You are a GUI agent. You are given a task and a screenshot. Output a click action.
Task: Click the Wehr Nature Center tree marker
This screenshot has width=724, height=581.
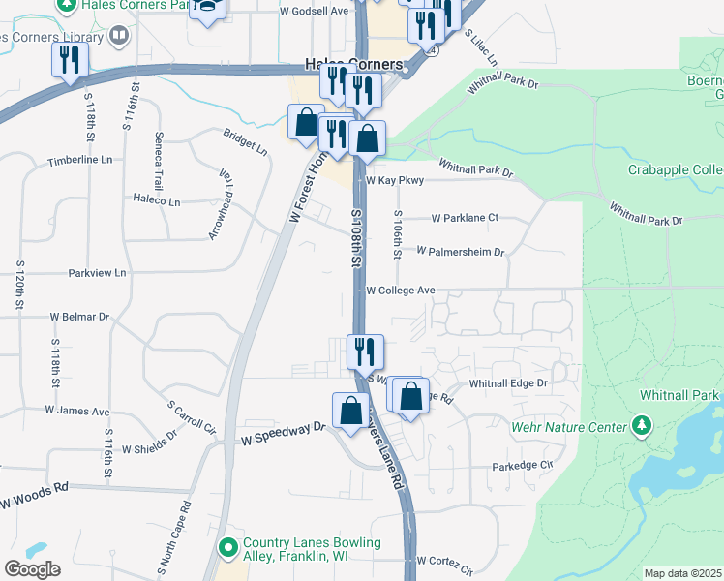coord(641,425)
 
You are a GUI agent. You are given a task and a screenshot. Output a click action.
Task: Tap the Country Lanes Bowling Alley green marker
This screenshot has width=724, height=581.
coord(228,549)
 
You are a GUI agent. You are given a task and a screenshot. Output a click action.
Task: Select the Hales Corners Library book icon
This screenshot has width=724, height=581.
coord(118,37)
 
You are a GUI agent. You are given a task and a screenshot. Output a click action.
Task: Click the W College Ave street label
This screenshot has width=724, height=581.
coord(400,290)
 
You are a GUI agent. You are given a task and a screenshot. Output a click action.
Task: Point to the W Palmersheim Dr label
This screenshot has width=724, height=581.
coord(461,252)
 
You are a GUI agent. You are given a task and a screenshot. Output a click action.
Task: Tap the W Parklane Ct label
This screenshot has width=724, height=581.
coord(465,218)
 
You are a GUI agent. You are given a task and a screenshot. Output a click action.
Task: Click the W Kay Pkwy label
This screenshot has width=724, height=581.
coord(394,180)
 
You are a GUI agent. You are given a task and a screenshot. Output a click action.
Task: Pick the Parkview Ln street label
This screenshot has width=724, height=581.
coord(98,273)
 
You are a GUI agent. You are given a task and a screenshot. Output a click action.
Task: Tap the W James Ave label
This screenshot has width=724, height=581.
coord(77,411)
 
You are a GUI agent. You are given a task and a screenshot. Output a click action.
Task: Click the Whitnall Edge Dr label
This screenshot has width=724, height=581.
coord(508,383)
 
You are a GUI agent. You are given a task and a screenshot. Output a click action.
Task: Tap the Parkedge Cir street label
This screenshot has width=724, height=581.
coord(522,465)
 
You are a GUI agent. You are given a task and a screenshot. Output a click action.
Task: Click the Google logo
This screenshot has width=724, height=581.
coord(32,569)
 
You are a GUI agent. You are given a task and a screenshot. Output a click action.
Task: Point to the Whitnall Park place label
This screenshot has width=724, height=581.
coord(679,395)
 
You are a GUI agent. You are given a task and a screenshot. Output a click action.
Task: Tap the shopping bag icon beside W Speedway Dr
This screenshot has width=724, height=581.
coord(349,410)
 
